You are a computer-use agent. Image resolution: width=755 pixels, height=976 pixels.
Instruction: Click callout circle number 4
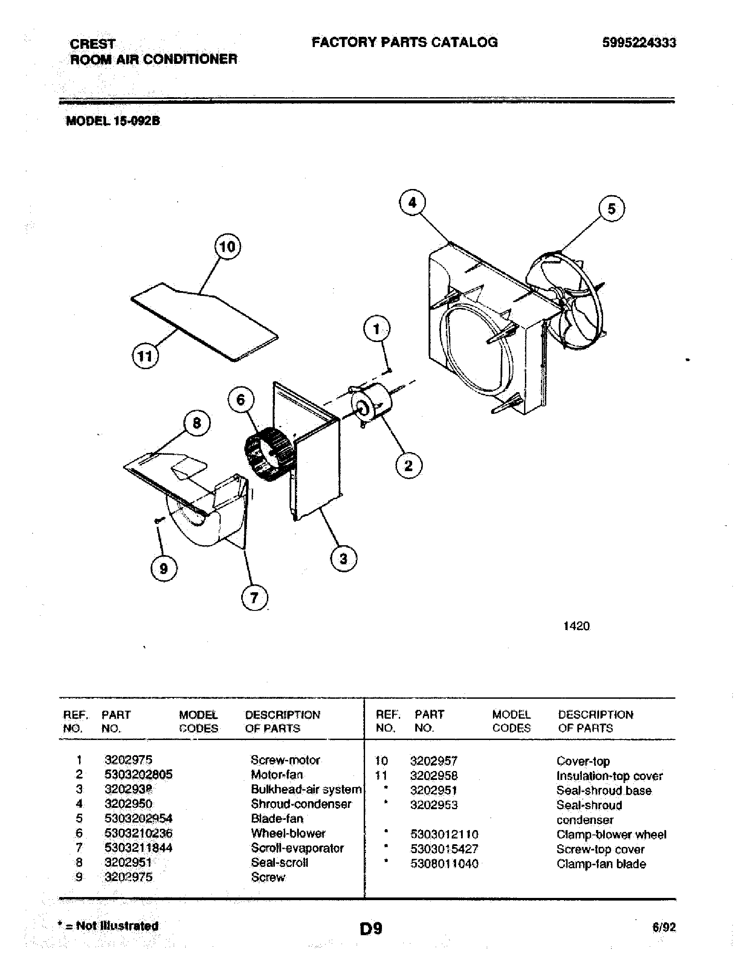click(412, 203)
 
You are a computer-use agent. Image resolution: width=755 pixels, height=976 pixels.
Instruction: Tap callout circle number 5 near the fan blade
click(612, 209)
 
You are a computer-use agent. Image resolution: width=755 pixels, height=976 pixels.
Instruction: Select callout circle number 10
click(228, 246)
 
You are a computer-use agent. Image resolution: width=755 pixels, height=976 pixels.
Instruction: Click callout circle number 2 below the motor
click(409, 466)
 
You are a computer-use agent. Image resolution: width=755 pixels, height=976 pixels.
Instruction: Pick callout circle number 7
click(254, 598)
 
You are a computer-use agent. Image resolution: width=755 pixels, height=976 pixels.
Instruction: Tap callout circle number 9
click(164, 568)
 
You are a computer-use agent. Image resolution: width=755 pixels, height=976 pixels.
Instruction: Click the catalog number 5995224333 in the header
click(639, 43)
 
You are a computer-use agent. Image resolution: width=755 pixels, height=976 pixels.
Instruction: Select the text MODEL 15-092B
click(113, 121)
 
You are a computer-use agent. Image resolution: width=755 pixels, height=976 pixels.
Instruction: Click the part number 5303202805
click(138, 775)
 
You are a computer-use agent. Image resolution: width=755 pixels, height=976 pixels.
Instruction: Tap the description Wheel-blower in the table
click(288, 833)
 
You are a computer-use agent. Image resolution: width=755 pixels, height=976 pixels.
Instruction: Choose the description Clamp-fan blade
click(601, 864)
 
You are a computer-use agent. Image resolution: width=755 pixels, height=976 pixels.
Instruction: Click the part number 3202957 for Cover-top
click(433, 760)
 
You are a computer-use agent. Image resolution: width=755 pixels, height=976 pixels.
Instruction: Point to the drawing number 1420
click(576, 626)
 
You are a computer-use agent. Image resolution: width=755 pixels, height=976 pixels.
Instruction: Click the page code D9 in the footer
click(371, 929)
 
